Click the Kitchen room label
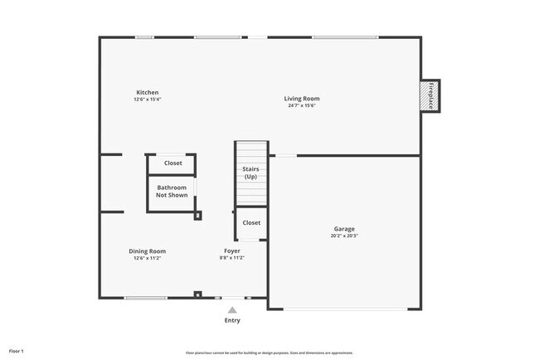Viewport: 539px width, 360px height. point(148,92)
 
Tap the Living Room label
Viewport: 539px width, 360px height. point(302,99)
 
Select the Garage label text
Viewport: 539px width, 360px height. point(344,228)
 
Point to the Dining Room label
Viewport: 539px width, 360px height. point(148,251)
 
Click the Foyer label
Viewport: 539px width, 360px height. point(232,251)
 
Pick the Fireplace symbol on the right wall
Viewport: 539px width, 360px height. point(430,95)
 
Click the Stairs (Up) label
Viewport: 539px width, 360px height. point(250,173)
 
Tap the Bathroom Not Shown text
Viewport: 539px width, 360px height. point(172,192)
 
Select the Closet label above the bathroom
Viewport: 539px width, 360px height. point(172,163)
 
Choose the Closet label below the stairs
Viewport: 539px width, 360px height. point(251,222)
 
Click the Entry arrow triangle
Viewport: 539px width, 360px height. point(232,309)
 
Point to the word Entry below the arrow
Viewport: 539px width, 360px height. point(232,320)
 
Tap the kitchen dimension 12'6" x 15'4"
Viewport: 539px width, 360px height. point(148,100)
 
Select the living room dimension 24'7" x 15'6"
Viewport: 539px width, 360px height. point(302,105)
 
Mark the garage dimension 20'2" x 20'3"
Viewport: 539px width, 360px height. point(344,236)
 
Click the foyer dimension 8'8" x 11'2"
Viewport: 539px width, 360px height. point(232,258)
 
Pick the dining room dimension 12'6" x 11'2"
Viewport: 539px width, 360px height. point(148,258)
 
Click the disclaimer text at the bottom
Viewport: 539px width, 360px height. point(269,353)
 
